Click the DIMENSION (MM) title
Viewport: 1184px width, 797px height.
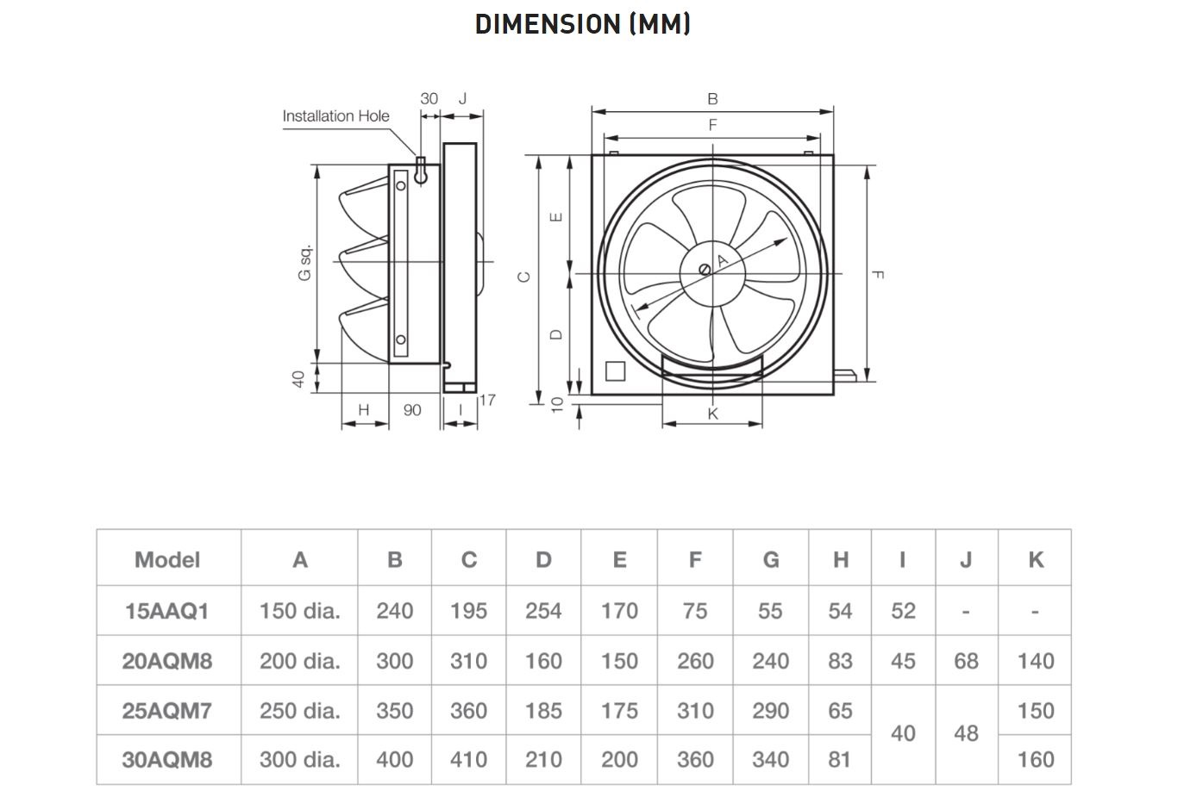click(x=582, y=23)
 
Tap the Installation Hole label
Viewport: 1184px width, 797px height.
click(x=335, y=115)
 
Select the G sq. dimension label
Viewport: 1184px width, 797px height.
click(x=304, y=263)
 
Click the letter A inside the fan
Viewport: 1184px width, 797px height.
click(x=723, y=260)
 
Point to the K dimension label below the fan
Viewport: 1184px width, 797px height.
click(x=712, y=414)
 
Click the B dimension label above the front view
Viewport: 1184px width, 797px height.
click(x=712, y=99)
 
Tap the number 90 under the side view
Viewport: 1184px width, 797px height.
click(x=412, y=410)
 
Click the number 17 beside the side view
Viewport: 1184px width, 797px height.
click(x=487, y=400)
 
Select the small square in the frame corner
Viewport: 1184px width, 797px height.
click(x=616, y=371)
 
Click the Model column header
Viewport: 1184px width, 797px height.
click(x=167, y=560)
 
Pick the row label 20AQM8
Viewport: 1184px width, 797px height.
click(x=167, y=661)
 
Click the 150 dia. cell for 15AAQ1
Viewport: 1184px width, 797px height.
click(x=299, y=611)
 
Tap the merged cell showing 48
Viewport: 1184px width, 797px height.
click(x=966, y=733)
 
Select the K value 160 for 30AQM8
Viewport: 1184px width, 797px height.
click(x=1035, y=759)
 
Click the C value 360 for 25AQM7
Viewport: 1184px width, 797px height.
click(x=468, y=711)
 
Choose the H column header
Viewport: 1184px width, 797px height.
click(x=840, y=560)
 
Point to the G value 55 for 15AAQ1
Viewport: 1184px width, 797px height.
click(x=770, y=611)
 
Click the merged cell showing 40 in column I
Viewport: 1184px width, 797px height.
click(x=903, y=733)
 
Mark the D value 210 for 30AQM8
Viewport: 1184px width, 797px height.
click(x=543, y=759)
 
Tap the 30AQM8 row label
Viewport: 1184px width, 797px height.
click(x=167, y=759)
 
